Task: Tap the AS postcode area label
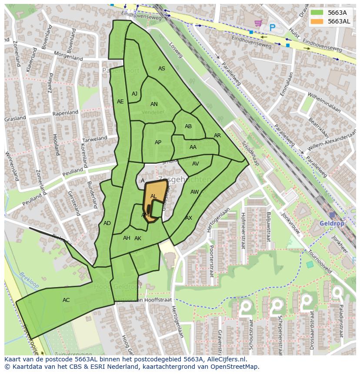[x=162, y=69]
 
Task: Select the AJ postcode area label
[x=134, y=94]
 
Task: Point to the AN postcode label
[x=154, y=104]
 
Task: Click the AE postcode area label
[x=120, y=102]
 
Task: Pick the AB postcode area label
[x=188, y=126]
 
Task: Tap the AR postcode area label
[x=217, y=136]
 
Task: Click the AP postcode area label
[x=158, y=142]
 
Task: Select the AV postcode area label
[x=195, y=164]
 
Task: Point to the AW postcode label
[x=194, y=192]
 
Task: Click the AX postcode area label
[x=189, y=218]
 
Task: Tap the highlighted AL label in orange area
[x=153, y=196]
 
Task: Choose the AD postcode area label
[x=107, y=223]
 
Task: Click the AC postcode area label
[x=66, y=300]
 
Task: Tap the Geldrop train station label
[x=331, y=223]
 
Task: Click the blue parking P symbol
[x=273, y=27]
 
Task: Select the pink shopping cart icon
[x=258, y=23]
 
